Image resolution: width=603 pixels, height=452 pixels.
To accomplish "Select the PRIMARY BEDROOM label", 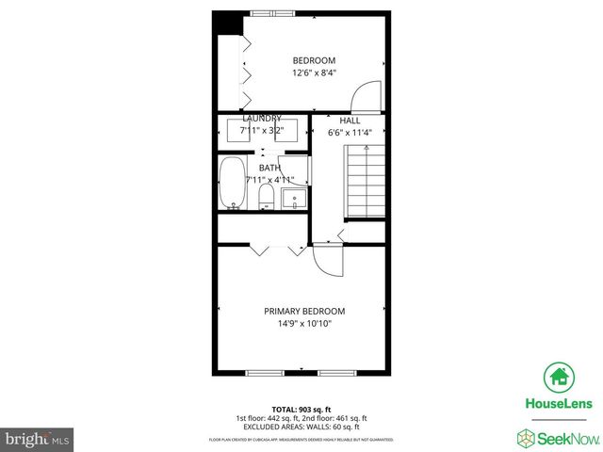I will pos(303,312).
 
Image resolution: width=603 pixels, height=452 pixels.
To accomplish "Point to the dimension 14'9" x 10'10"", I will pos(303,324).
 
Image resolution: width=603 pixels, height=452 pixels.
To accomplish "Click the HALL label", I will pos(350,121).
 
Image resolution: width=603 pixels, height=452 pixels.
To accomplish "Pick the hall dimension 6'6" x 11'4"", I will pos(350,133).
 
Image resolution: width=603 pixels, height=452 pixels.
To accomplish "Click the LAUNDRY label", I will pos(261,119).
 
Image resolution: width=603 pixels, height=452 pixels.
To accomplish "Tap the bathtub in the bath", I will pos(232,184).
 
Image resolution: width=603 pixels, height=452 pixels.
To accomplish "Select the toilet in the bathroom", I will pos(266,196).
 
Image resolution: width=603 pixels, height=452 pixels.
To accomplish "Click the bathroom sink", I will pos(294,199).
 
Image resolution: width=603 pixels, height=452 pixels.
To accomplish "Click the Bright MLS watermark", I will pos(39,439).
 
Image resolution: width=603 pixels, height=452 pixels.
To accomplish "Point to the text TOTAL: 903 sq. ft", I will pos(301,410).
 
